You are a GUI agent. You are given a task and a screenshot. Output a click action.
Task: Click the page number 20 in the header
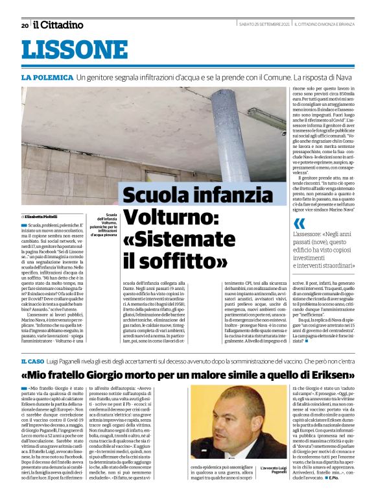click(25, 25)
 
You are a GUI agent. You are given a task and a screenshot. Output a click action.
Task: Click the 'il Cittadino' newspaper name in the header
click(58, 25)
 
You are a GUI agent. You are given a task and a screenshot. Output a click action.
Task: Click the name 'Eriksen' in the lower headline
click(327, 376)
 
